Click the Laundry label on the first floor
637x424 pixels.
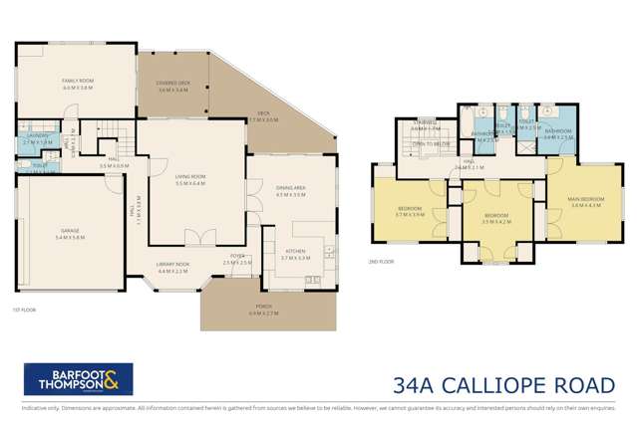(38, 139)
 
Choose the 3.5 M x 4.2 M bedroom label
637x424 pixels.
(496, 217)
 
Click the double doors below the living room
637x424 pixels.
(206, 237)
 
